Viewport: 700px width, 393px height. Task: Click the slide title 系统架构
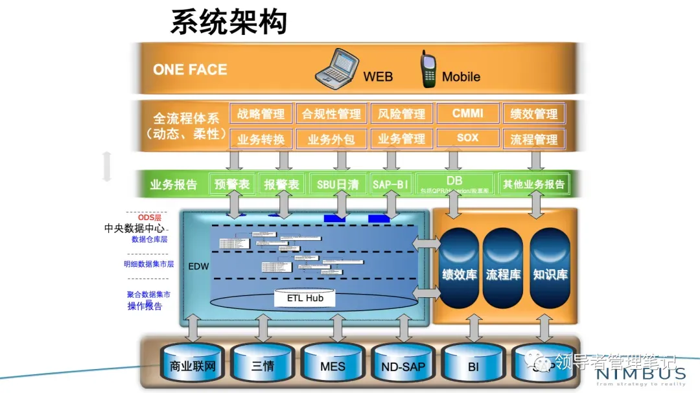(229, 22)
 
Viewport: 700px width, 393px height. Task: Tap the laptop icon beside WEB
(336, 67)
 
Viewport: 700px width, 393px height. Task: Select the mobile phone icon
(428, 69)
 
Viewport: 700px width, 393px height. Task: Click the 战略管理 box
(261, 114)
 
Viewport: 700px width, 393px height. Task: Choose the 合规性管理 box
(331, 114)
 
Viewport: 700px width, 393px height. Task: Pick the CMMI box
(468, 113)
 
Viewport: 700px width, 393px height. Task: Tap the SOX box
(468, 138)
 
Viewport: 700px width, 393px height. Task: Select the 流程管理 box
(534, 139)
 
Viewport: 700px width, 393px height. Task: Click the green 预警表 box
(231, 185)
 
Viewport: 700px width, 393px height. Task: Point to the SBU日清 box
(338, 185)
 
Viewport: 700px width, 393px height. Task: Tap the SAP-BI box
(391, 185)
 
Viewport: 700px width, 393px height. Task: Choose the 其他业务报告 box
(534, 185)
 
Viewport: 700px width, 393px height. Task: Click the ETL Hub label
(305, 298)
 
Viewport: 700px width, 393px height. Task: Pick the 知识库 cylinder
(550, 272)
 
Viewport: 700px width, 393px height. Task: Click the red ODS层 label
(149, 218)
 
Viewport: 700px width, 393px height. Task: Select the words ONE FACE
(190, 70)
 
